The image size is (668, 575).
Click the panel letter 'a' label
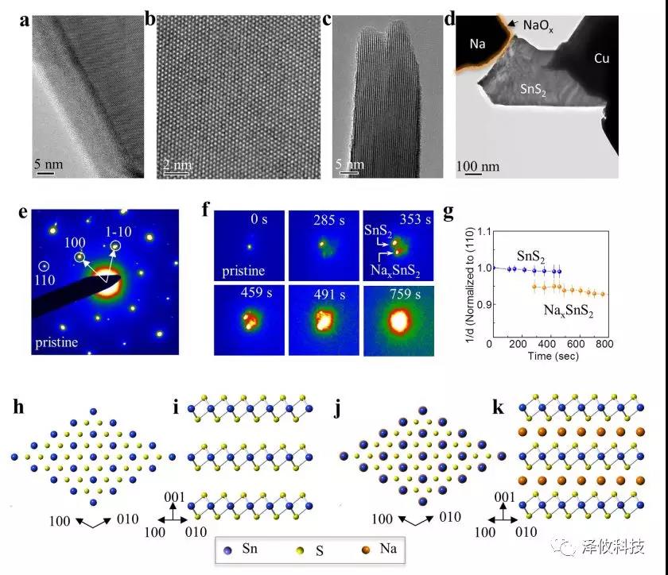(25, 21)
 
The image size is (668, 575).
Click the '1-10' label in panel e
(114, 230)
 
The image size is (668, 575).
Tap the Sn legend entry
(243, 548)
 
